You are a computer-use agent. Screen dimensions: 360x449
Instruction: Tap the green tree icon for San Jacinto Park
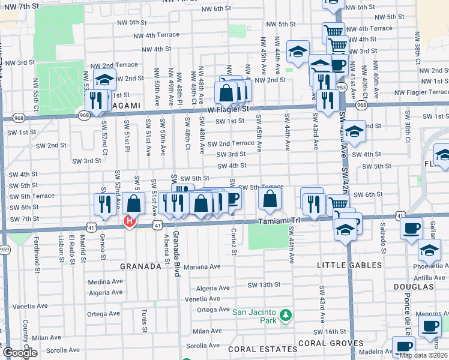(286, 314)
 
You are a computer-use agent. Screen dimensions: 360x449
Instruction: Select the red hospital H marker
(128, 222)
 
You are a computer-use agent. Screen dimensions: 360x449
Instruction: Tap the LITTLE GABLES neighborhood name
(348, 265)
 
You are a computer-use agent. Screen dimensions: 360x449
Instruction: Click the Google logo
(20, 353)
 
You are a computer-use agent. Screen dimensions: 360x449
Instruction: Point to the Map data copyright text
(423, 355)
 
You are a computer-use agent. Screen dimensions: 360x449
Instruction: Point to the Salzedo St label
(382, 243)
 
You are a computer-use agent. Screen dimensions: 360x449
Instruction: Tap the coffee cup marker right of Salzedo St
(411, 229)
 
